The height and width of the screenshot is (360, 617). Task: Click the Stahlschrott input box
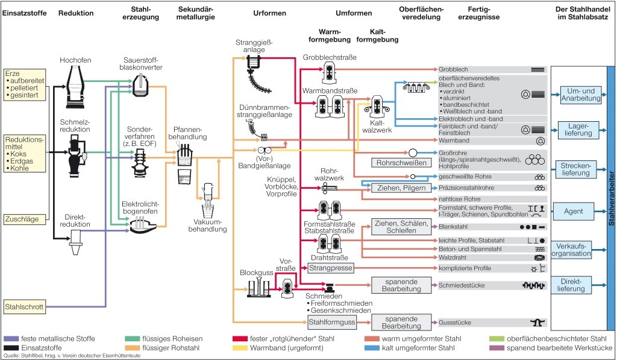click(x=24, y=307)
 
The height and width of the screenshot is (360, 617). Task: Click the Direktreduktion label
click(x=76, y=219)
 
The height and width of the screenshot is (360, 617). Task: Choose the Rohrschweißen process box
click(x=402, y=163)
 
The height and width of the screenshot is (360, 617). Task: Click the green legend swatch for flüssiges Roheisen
click(x=128, y=339)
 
